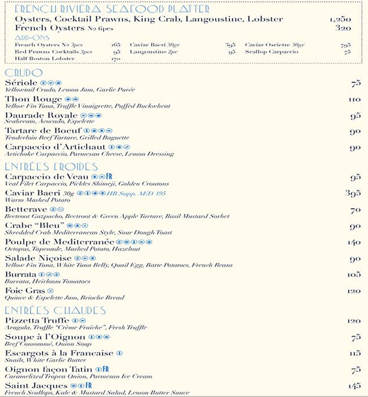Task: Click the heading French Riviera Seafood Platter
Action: [x=112, y=10]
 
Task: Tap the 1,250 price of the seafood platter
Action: [x=340, y=19]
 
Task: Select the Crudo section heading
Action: [x=23, y=73]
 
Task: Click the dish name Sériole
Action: [x=21, y=83]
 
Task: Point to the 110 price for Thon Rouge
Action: [x=354, y=100]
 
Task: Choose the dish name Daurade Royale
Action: [x=41, y=115]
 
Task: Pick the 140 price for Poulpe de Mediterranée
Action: [x=354, y=242]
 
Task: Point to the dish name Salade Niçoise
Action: [x=38, y=258]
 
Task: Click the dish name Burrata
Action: [x=20, y=274]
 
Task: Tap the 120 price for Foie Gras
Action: [x=354, y=291]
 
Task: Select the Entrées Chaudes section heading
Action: [x=55, y=311]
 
